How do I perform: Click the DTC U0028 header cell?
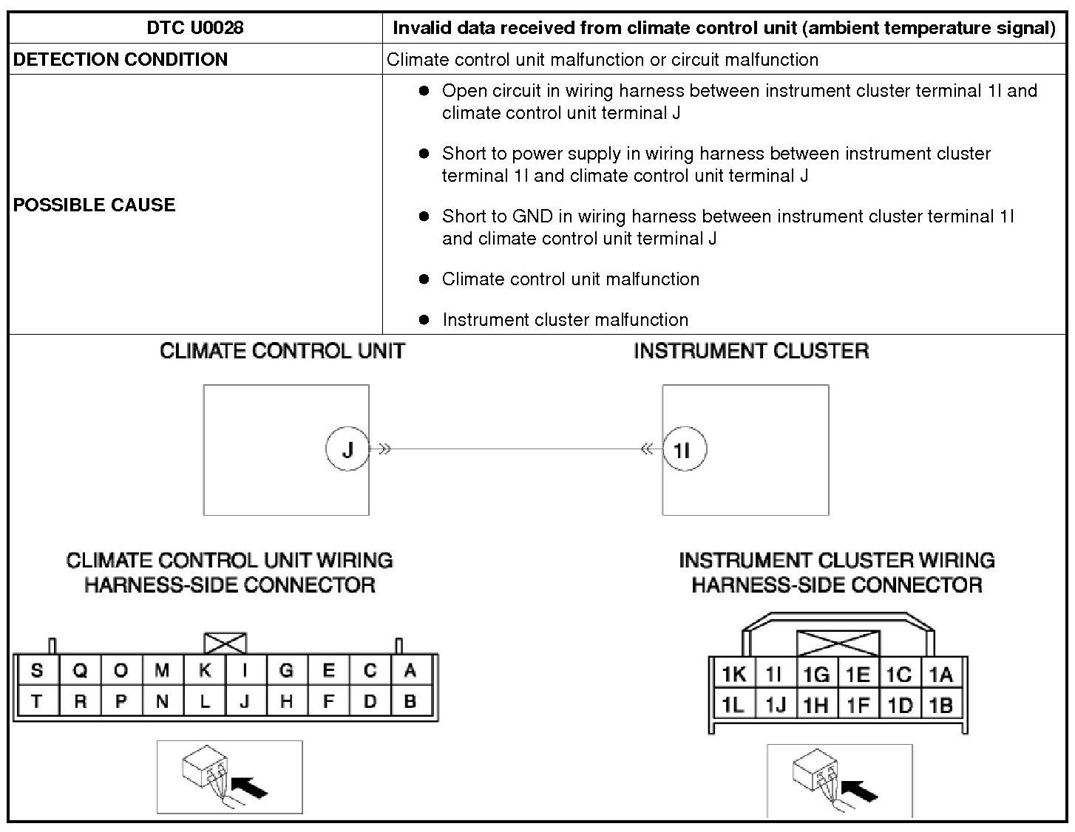click(x=195, y=28)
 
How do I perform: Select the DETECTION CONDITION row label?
click(x=121, y=59)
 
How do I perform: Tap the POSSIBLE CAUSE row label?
click(x=94, y=205)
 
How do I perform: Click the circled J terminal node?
click(x=347, y=449)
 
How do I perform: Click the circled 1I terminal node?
click(x=684, y=449)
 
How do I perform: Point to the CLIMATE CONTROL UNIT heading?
click(x=282, y=351)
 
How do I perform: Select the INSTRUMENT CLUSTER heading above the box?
click(x=751, y=351)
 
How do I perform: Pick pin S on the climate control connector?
click(x=37, y=671)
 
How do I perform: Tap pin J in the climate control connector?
click(x=245, y=702)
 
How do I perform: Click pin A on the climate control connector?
click(x=410, y=671)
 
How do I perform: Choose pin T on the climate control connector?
click(x=37, y=702)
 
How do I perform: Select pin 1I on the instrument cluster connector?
click(x=773, y=674)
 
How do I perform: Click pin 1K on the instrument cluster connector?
click(x=733, y=674)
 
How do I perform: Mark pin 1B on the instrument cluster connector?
click(x=940, y=706)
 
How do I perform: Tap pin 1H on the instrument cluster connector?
click(x=815, y=706)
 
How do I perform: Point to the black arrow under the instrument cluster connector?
click(x=861, y=791)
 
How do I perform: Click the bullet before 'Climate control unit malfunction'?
click(x=424, y=279)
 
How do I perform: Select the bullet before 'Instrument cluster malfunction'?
click(x=424, y=320)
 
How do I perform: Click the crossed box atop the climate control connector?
click(x=225, y=643)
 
